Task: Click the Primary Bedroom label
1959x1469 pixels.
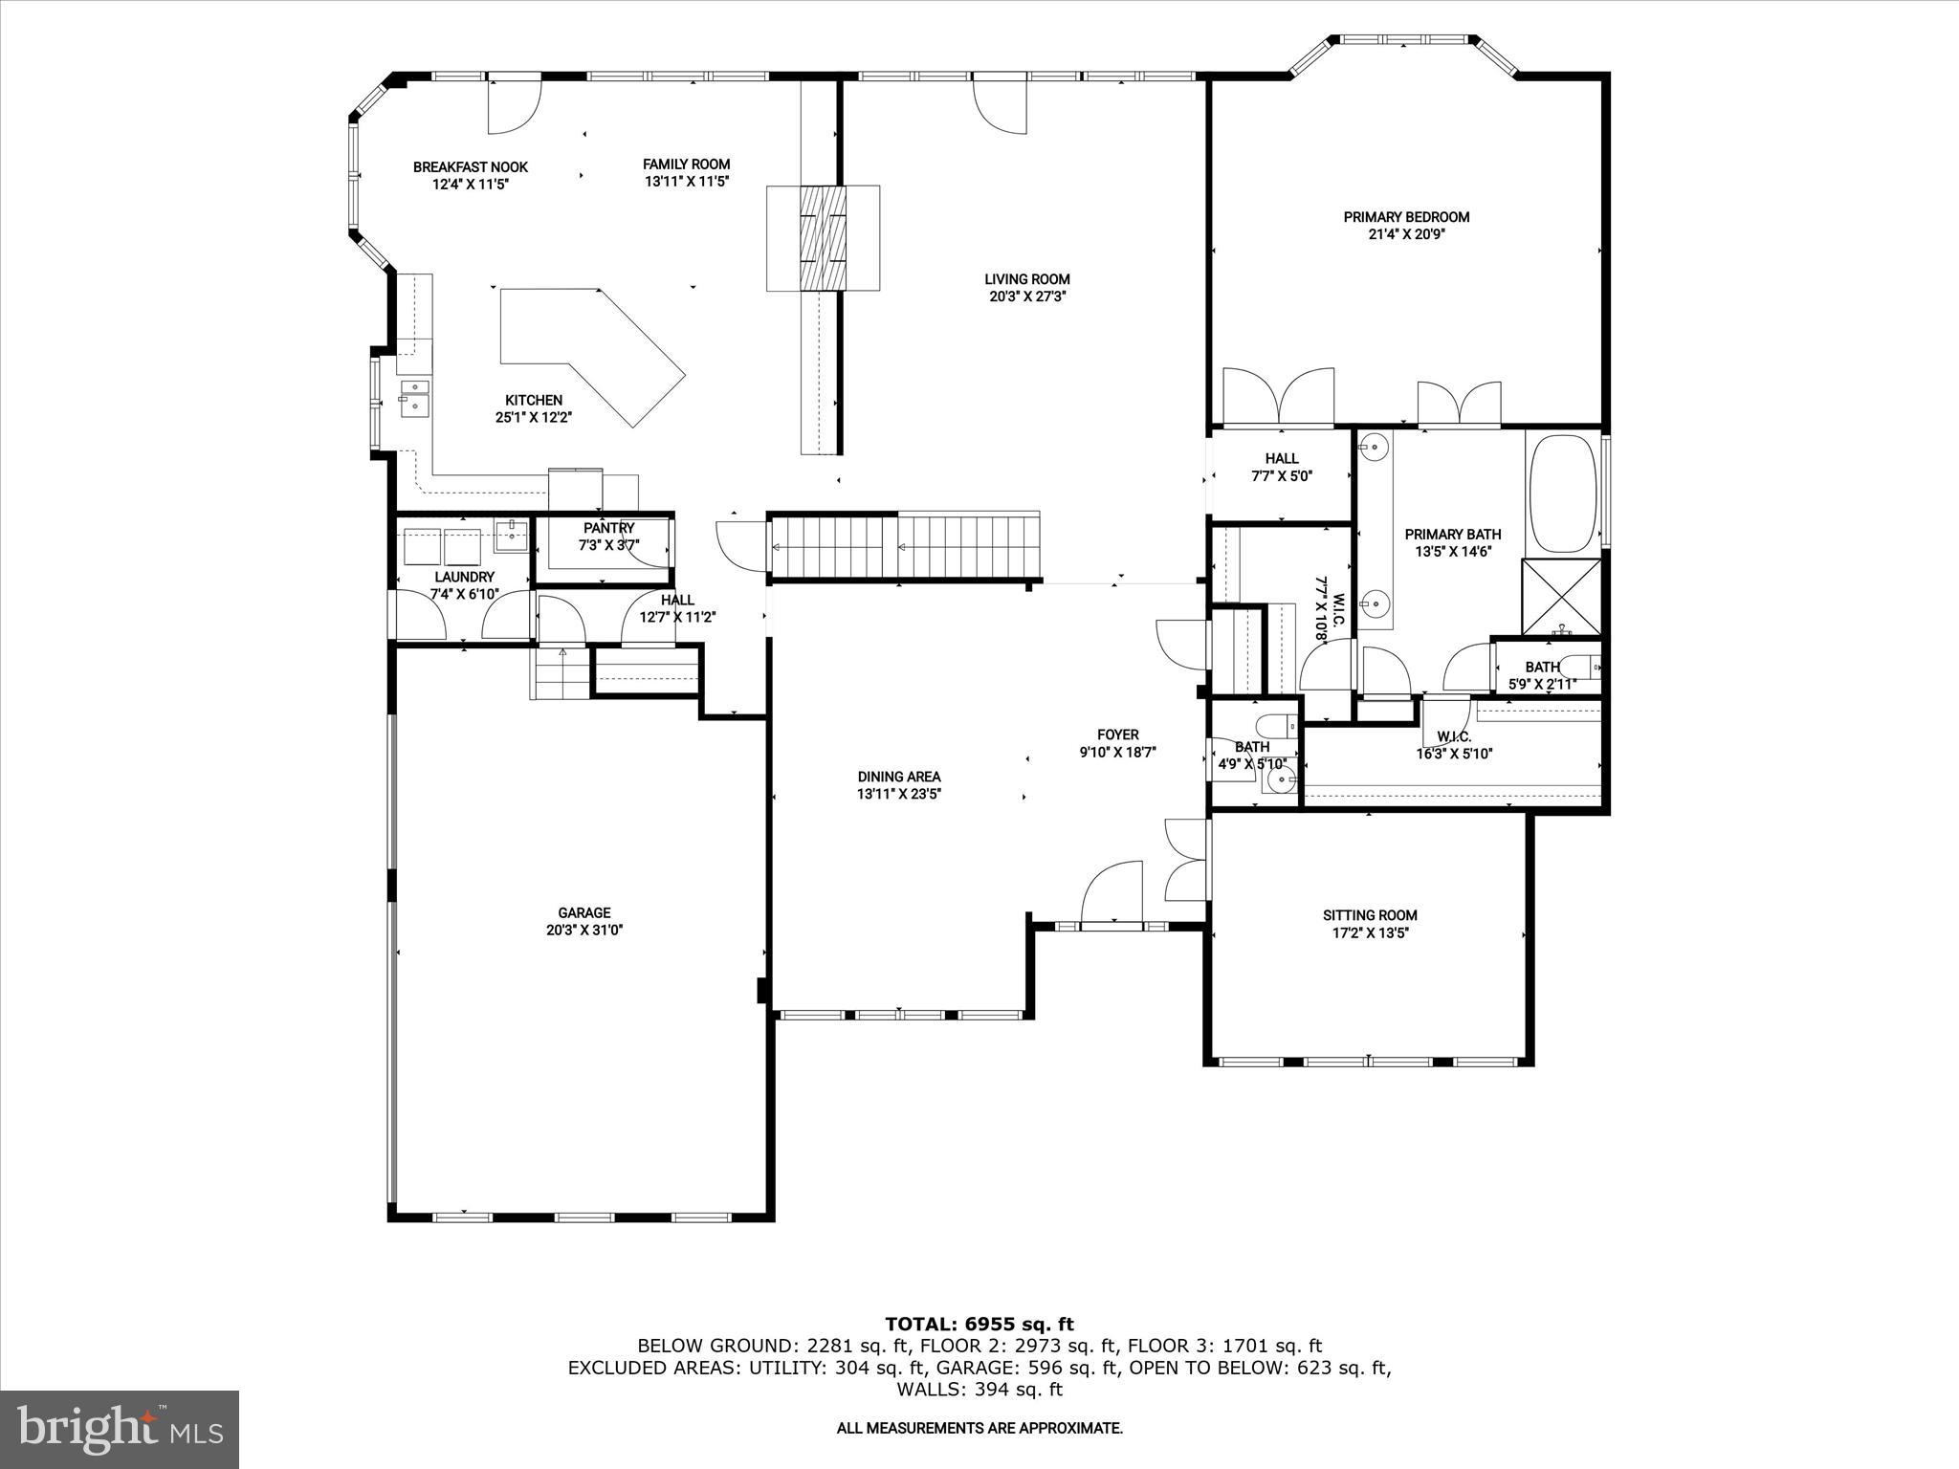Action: click(1405, 217)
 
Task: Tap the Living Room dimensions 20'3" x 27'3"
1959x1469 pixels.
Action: click(1027, 296)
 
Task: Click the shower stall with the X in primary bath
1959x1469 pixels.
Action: click(1561, 597)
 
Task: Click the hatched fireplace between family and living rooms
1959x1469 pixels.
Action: click(823, 238)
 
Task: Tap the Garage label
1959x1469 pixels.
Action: click(583, 912)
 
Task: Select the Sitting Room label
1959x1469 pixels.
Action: click(1370, 915)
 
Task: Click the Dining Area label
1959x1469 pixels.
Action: click(898, 777)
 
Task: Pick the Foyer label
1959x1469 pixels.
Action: click(1117, 734)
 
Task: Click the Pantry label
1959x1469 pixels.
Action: click(608, 528)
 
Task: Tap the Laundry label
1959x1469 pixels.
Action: click(464, 577)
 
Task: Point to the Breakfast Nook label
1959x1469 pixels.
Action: click(470, 167)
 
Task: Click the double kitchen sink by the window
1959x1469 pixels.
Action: click(414, 396)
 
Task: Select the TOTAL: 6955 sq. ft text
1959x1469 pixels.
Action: click(979, 1325)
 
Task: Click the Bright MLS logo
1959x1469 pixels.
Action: click(120, 1429)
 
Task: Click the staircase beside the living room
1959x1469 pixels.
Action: click(904, 548)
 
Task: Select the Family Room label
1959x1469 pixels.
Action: click(686, 164)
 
